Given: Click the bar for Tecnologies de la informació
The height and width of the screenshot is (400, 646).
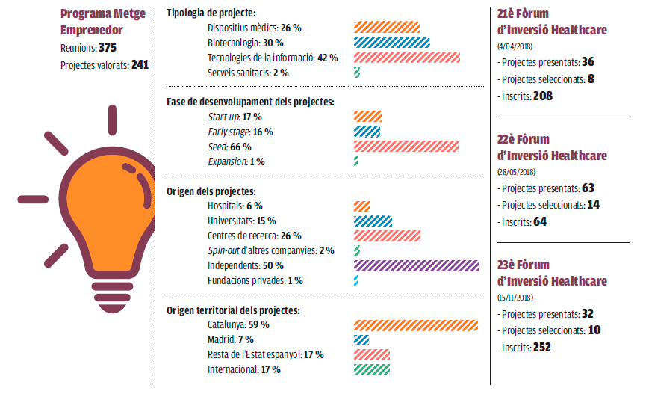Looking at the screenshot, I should pos(406,58).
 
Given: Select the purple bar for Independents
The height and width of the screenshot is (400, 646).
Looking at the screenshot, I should pos(415,265).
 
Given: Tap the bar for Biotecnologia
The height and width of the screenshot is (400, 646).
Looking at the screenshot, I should pos(391,43).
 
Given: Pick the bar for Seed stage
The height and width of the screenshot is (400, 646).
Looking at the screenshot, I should pos(406,147).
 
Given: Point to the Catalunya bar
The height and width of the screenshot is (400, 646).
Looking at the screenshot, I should pos(415,325).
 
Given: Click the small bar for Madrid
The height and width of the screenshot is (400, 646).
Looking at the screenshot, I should pos(361,340).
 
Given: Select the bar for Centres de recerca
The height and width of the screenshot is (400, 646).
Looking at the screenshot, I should pos(386,236).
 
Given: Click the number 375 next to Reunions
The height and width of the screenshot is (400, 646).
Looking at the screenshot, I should pos(108,48).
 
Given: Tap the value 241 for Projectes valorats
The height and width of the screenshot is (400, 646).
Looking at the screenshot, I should pos(140,64).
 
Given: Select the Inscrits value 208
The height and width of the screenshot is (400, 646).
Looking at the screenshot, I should pos(543,96).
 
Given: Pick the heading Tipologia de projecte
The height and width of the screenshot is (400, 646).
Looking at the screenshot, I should pos(211,13).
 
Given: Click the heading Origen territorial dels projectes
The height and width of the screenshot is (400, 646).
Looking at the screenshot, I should pos(232,310).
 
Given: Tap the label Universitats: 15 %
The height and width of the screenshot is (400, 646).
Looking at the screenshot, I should pos(241,221).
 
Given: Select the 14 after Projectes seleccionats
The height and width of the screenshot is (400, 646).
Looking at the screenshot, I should pos(594,204).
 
